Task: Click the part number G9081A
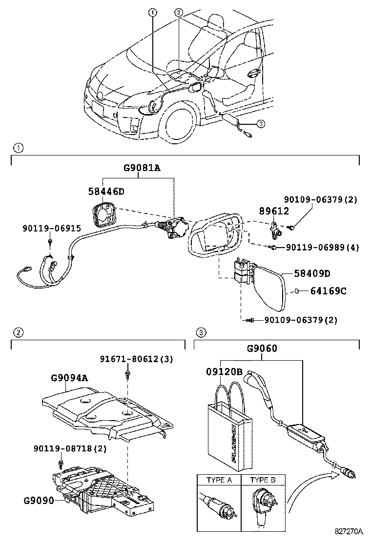[x=142, y=169]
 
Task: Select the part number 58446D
[x=106, y=192]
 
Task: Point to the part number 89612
[x=274, y=211]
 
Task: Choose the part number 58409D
[x=312, y=273]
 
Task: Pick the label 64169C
[x=329, y=291]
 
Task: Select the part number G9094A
[x=70, y=377]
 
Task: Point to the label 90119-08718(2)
[x=70, y=448]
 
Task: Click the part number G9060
[x=262, y=348]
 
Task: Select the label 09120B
[x=223, y=371]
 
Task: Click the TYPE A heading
[x=219, y=480]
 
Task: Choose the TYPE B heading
[x=263, y=480]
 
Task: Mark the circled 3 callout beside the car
[x=261, y=124]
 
